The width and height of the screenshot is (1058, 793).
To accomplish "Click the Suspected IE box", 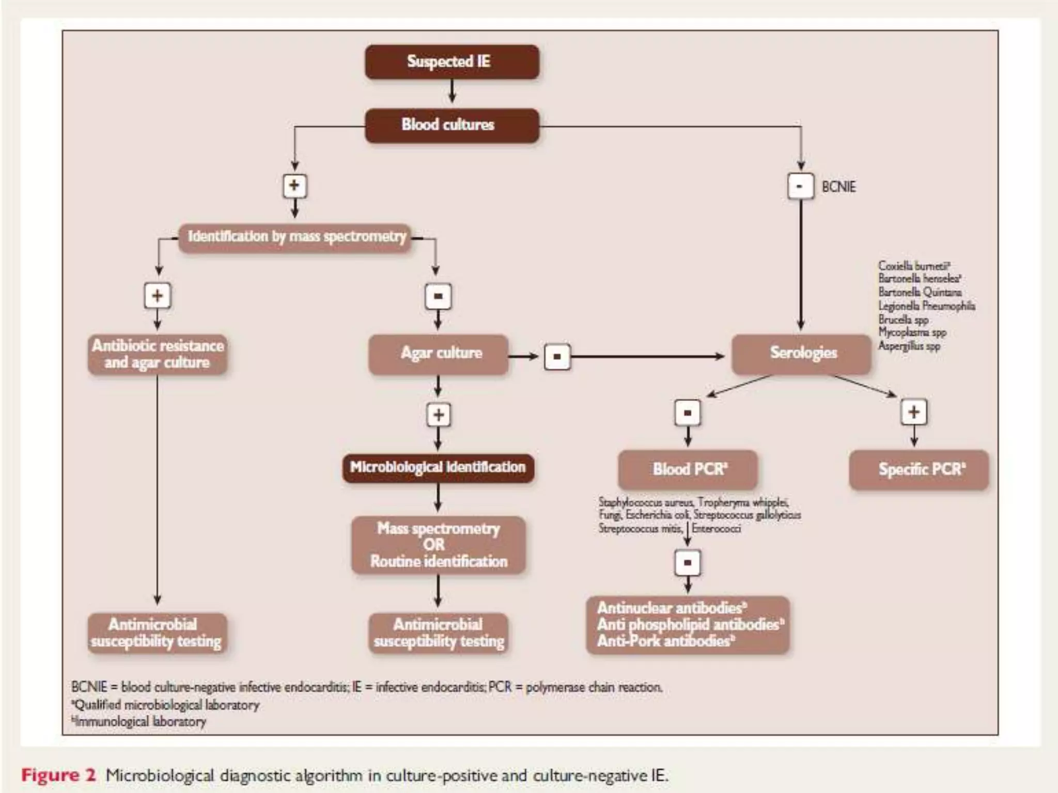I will coord(452,62).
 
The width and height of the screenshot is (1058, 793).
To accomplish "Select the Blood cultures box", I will coord(452,125).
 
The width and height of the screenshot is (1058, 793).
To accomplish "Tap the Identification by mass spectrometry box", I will coord(295,237).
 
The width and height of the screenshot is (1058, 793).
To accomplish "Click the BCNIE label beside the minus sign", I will coord(838,187).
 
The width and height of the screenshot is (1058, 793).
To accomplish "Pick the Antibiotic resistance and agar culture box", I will coord(158,354).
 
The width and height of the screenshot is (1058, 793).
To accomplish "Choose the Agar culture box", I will coord(439,354).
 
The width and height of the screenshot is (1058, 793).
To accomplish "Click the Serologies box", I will coord(802,354).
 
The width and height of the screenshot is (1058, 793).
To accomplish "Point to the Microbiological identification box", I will coord(438,468).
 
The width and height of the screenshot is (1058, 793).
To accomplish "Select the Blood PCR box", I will coord(688,469).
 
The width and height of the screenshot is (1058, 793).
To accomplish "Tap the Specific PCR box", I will coord(919,469).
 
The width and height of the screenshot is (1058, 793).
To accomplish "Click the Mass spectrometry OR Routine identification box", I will coord(439,545).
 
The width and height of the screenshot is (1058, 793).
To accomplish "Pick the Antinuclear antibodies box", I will coord(688,625).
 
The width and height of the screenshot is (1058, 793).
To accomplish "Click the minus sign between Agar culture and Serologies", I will coord(557,357).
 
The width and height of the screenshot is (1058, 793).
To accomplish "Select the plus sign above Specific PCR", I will coord(913,413).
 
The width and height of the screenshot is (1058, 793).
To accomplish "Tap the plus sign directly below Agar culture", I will coord(439,415).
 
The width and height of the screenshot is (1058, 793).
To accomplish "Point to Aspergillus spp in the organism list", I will coord(909,346).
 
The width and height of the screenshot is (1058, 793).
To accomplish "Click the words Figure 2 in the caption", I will coord(58,775).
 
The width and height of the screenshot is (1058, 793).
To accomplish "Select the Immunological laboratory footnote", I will coord(139,721).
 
